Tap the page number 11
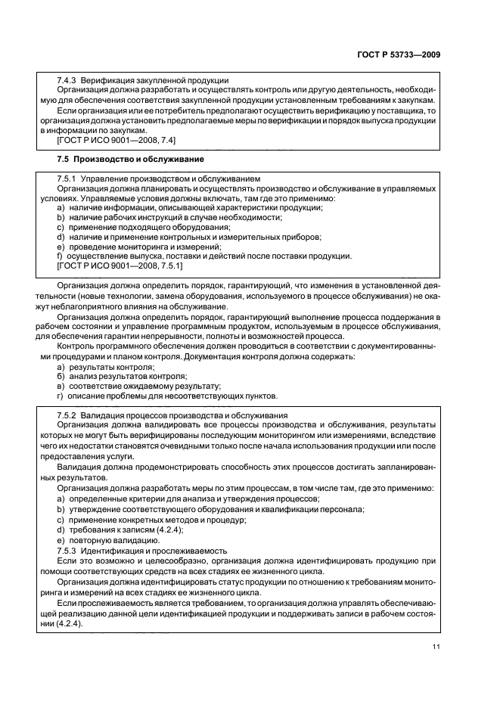click(436, 646)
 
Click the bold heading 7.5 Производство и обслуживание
click(130, 160)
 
